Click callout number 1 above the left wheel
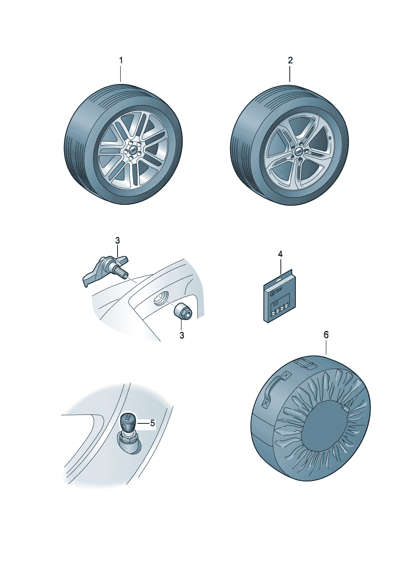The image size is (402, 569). point(121,60)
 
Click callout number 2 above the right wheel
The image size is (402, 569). point(290,60)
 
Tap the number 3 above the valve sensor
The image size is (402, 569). point(117,240)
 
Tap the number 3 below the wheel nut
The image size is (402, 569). point(182,335)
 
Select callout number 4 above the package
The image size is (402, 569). point(280,254)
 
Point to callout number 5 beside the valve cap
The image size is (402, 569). point(152,423)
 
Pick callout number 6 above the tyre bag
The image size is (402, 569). point(326,335)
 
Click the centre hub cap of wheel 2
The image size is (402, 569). point(299,151)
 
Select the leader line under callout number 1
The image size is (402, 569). point(121,73)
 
